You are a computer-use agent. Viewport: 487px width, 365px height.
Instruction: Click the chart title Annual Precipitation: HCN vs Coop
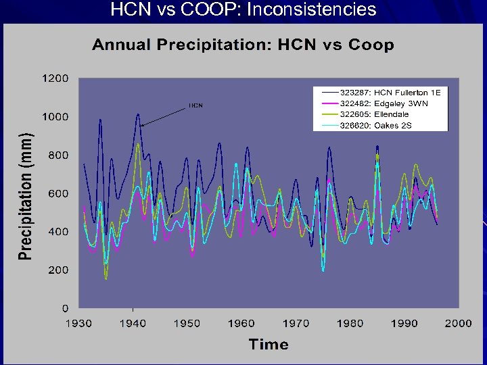(x=243, y=45)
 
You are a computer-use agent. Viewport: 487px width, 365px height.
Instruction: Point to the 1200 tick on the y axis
(x=55, y=78)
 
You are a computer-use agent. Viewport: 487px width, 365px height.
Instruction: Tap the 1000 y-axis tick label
(x=55, y=117)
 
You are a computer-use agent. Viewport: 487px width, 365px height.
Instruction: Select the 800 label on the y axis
(x=58, y=155)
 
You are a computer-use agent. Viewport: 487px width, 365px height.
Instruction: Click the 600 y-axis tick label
(x=58, y=193)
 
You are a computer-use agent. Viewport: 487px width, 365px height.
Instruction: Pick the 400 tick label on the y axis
(x=58, y=232)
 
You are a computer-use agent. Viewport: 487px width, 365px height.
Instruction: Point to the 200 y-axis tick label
(x=58, y=270)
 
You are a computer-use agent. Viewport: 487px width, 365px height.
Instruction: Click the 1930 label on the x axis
(x=78, y=323)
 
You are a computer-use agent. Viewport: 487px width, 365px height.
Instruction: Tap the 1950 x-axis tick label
(x=187, y=323)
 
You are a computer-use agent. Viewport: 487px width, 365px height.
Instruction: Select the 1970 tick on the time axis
(x=296, y=323)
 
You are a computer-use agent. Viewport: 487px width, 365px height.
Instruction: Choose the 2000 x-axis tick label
(x=458, y=323)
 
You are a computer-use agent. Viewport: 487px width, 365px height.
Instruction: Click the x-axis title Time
(x=269, y=344)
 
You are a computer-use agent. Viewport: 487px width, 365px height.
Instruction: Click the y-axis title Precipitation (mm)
(x=25, y=194)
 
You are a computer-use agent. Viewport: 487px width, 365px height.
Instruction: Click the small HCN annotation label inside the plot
(x=195, y=105)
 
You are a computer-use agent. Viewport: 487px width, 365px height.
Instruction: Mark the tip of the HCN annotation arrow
(x=141, y=125)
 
